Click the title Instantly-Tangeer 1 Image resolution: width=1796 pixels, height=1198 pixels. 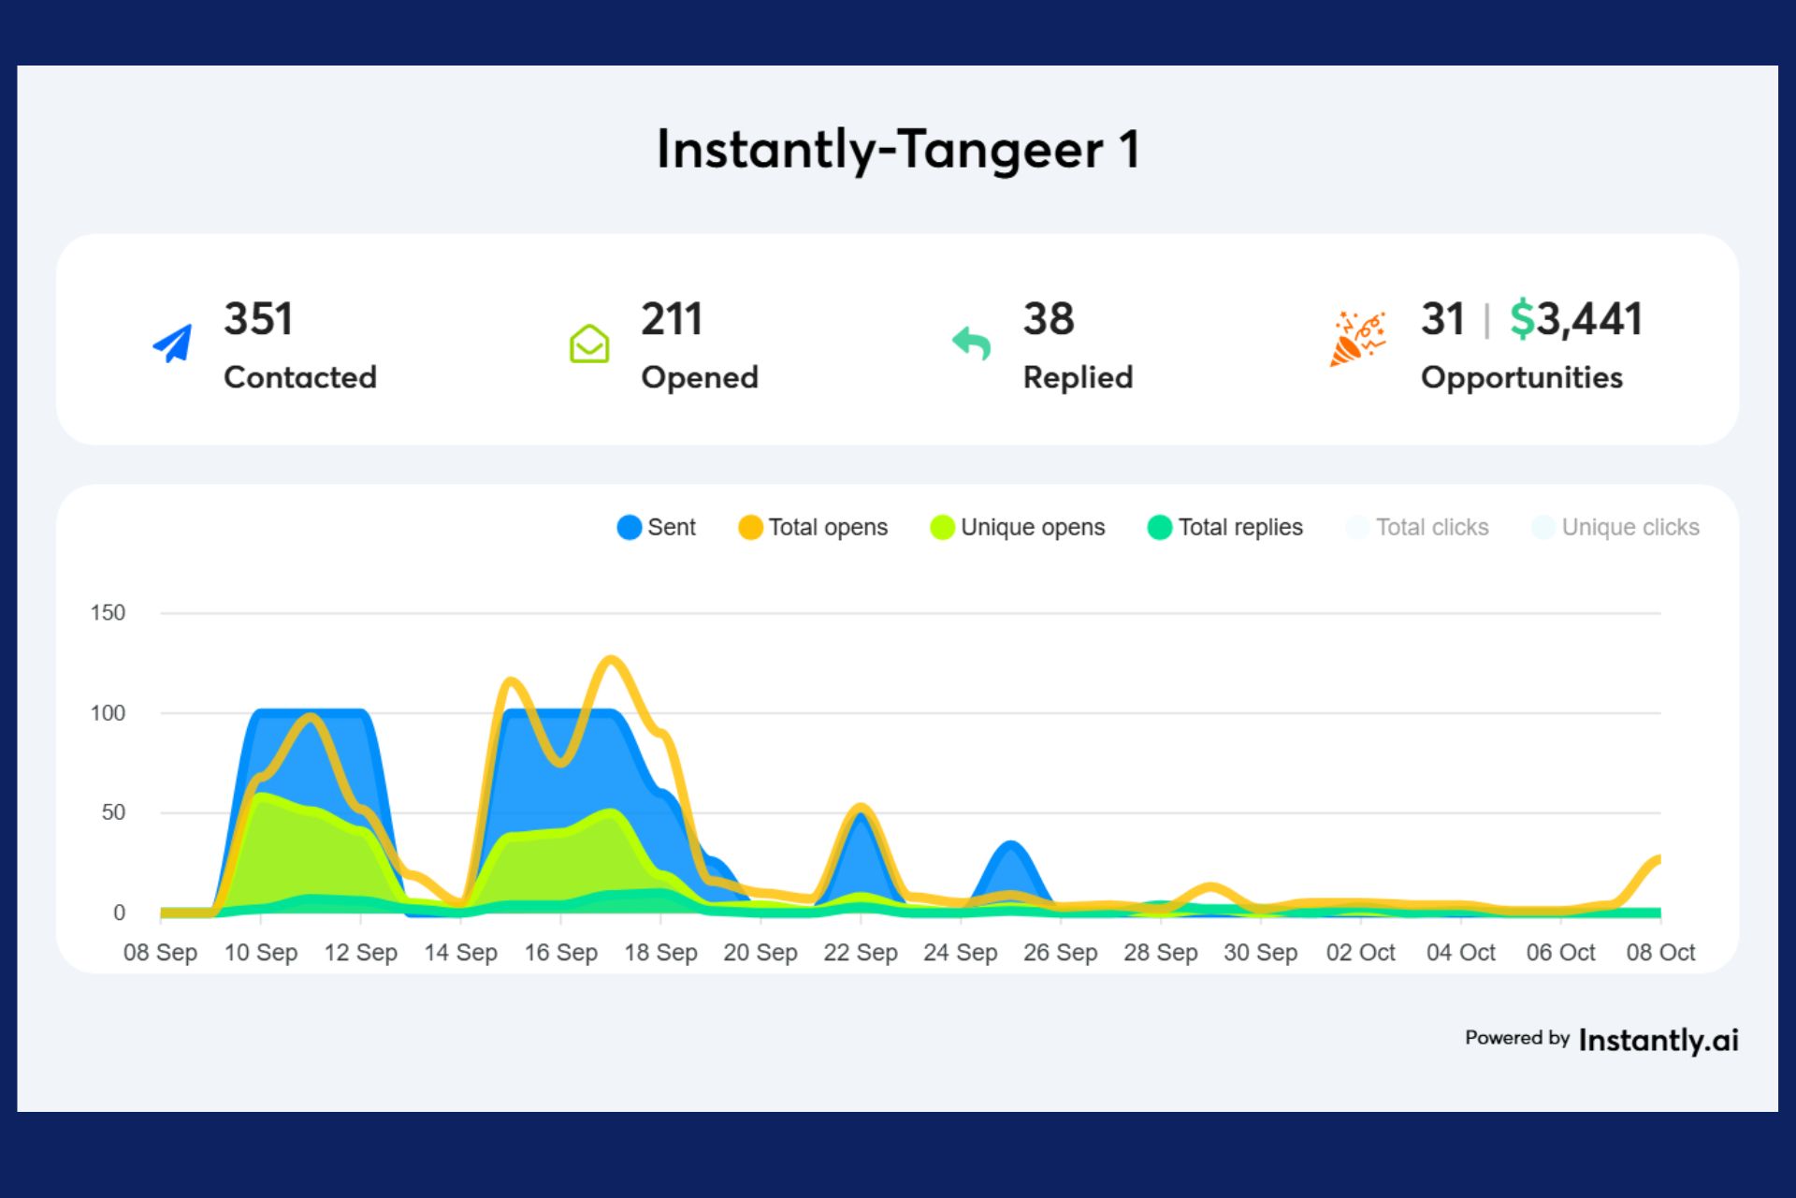[x=898, y=150]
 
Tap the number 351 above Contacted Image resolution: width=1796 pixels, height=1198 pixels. [x=258, y=319]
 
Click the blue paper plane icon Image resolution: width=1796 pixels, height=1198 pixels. [x=173, y=343]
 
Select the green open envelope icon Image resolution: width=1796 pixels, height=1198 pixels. [x=589, y=343]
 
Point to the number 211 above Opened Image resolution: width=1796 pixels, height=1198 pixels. [x=671, y=319]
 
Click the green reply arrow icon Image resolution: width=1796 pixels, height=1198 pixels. [x=971, y=343]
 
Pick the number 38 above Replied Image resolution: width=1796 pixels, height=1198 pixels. [x=1048, y=319]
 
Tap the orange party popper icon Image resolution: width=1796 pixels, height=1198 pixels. [x=1356, y=339]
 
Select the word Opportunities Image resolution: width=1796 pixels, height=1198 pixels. [x=1521, y=377]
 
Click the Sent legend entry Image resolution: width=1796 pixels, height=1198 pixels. [x=657, y=528]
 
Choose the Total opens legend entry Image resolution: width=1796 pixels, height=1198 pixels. [x=813, y=528]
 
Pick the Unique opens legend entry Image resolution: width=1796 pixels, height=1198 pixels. [x=1018, y=528]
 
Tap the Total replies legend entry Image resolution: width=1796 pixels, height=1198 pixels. [x=1224, y=528]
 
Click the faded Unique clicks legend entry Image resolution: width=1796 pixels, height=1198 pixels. [x=1615, y=528]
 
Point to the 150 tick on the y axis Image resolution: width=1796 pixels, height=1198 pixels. [x=108, y=613]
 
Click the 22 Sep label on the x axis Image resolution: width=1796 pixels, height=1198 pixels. [x=860, y=953]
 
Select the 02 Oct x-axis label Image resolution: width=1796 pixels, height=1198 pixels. [x=1360, y=953]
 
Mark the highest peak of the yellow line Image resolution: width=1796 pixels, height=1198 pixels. [x=611, y=660]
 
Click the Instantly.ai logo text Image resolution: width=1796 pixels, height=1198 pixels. [x=1658, y=1040]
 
